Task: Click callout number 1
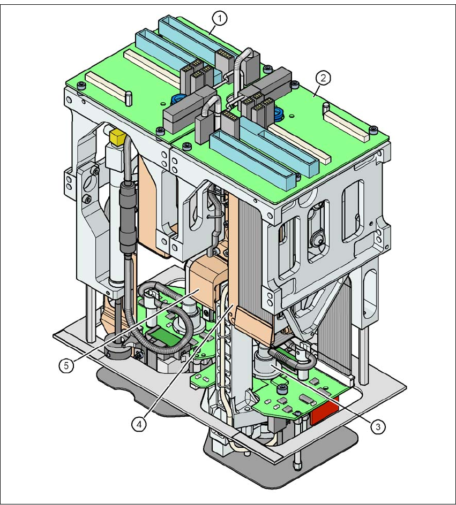(219, 19)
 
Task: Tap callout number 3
(378, 426)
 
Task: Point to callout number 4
(139, 423)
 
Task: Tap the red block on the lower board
(324, 414)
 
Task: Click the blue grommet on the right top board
(278, 114)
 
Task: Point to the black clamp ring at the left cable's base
(117, 350)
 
